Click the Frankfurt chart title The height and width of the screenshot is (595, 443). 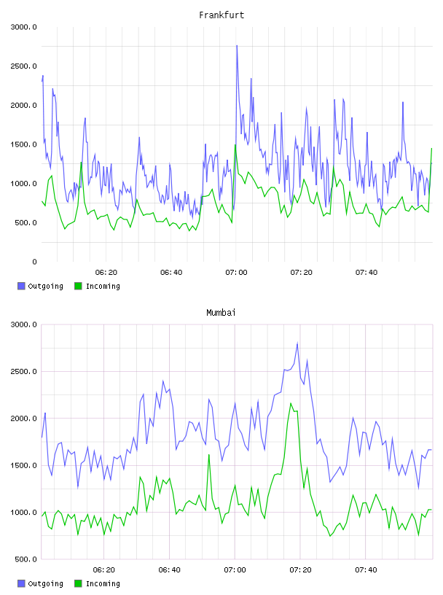click(x=221, y=15)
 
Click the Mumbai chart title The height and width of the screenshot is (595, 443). click(x=221, y=313)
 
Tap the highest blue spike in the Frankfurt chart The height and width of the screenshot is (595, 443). click(x=237, y=46)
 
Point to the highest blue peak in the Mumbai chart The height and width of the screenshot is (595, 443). click(x=297, y=343)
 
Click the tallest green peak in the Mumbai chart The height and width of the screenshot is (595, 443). click(x=291, y=403)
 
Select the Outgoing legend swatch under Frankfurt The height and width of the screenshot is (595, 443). click(x=21, y=286)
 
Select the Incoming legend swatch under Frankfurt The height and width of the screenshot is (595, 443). click(x=78, y=286)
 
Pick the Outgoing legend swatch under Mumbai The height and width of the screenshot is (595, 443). click(x=21, y=583)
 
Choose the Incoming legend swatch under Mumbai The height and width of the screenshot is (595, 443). click(x=78, y=583)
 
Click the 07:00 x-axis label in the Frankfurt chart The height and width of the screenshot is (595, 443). click(x=236, y=273)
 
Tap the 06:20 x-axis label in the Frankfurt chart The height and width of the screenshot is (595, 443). click(x=106, y=273)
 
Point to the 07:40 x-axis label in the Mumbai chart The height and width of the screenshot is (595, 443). click(x=366, y=570)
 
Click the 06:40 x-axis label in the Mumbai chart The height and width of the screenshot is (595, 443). click(x=170, y=570)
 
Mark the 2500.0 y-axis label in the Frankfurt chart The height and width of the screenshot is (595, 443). click(x=23, y=66)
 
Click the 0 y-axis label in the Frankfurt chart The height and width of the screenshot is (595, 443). click(x=34, y=262)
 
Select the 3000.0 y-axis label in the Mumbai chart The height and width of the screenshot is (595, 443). click(x=23, y=324)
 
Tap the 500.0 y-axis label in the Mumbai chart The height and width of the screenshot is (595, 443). click(x=26, y=559)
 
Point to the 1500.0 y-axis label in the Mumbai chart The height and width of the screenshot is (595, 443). click(x=23, y=466)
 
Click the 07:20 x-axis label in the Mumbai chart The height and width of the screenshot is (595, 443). click(x=300, y=570)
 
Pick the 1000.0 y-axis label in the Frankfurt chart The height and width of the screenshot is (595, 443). click(x=23, y=184)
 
